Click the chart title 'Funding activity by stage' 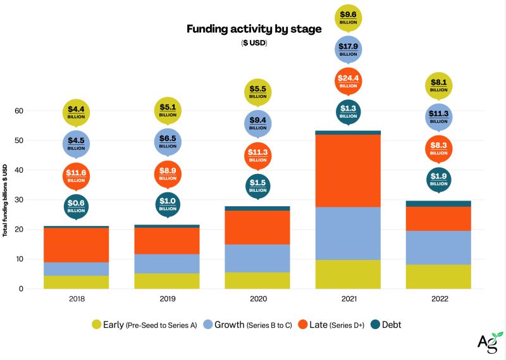coord(254,28)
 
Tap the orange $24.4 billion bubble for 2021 coord(349,81)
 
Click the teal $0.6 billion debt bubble coord(76,206)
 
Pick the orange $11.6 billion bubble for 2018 coord(76,175)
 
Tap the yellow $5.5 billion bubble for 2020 coord(257,92)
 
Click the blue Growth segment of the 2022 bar coord(438,247)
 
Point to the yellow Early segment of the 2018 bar coord(76,282)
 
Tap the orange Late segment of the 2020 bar coord(257,227)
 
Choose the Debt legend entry coord(385,325)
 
